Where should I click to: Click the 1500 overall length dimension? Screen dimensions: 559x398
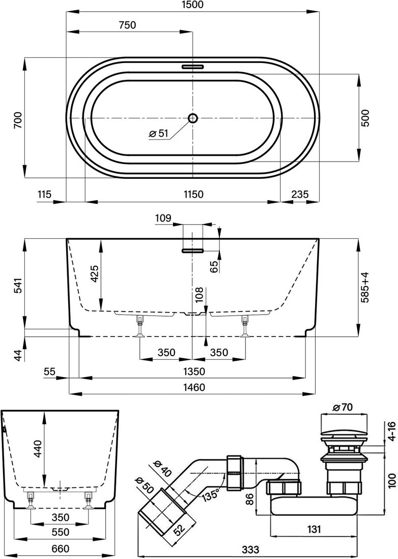pos(192,5)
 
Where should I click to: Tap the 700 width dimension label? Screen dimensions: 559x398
pos(17,118)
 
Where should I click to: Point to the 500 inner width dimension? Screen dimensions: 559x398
pos(364,118)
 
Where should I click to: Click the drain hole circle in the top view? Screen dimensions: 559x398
pos(193,118)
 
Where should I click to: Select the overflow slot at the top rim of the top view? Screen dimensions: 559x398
pos(193,66)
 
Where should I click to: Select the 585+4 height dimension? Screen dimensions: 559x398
pos(364,288)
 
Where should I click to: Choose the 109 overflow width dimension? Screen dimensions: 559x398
pos(163,219)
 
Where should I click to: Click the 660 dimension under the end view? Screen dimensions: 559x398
pos(60,549)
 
